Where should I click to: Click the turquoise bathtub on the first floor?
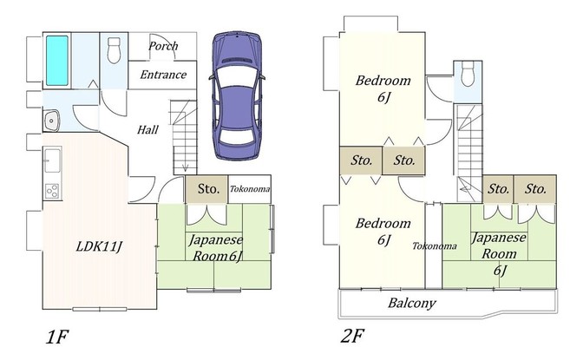pos(57,61)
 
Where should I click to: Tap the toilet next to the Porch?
pos(114,50)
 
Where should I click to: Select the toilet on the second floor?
pos(468,74)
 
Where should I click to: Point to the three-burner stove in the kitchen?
pos(52,191)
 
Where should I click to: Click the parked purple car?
pos(237,95)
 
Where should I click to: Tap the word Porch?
pos(163,46)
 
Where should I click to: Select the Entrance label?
pos(163,75)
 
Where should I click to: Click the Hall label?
pos(147,130)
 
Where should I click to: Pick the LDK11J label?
pos(99,246)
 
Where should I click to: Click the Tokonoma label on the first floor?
pos(250,189)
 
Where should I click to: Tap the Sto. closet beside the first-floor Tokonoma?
pos(206,189)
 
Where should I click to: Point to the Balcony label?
pos(411,303)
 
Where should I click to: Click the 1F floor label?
pos(57,337)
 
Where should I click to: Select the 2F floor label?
pos(352,336)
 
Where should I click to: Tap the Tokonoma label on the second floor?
pos(435,246)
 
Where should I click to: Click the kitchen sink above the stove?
pos(52,160)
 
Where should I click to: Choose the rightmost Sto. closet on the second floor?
pos(535,189)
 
